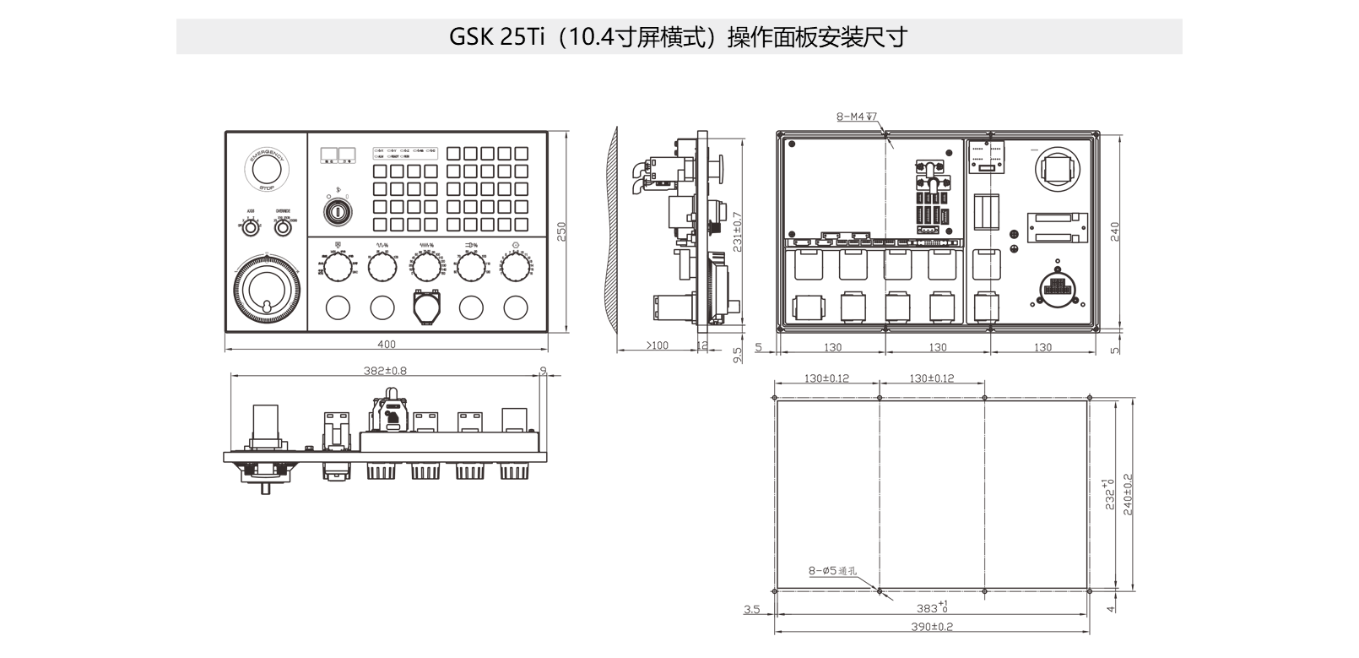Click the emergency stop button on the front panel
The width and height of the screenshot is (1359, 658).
point(267,168)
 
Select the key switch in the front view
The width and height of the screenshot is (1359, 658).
point(338,209)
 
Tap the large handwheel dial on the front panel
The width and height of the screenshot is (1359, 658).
point(265,291)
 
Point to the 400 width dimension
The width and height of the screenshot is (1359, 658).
point(387,345)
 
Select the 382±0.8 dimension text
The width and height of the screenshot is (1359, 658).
point(385,371)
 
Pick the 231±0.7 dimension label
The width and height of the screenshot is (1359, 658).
point(738,231)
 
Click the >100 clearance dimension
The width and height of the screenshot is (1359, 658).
point(656,345)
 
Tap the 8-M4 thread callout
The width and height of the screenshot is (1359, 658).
point(856,117)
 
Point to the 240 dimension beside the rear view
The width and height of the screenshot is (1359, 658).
point(1114,231)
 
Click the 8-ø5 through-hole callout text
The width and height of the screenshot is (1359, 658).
point(832,572)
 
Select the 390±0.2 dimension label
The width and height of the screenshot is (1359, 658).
point(932,627)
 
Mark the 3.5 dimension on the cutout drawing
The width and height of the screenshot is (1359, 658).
point(752,609)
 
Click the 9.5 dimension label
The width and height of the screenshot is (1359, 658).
point(738,355)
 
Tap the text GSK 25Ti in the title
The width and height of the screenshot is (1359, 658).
point(498,37)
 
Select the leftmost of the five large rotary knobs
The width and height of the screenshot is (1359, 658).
point(338,268)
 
